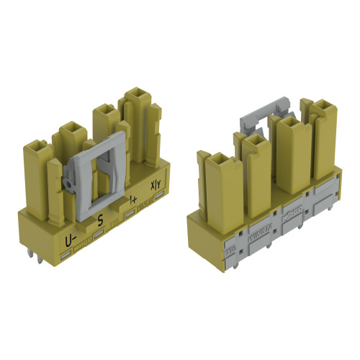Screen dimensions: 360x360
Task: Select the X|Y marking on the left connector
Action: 155,185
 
